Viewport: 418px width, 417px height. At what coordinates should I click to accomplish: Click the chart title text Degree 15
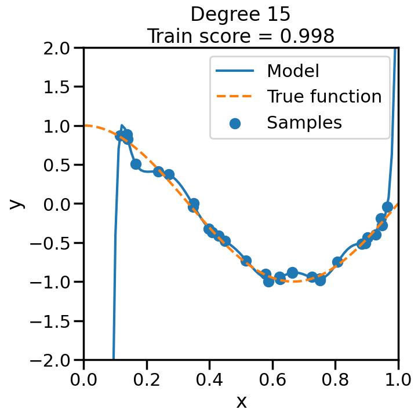(x=241, y=14)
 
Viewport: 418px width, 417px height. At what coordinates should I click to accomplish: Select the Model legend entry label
(x=293, y=71)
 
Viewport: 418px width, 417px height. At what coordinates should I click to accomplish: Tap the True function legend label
(x=324, y=97)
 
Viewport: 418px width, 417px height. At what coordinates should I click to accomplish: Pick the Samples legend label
(x=304, y=122)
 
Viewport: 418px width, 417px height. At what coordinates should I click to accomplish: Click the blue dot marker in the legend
(x=235, y=123)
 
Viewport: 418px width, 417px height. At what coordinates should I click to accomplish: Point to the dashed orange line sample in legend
(x=235, y=97)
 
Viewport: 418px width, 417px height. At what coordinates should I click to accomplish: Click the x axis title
(x=241, y=401)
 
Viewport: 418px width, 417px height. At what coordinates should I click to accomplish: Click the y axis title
(x=17, y=203)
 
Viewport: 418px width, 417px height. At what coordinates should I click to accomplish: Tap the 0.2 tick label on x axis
(x=147, y=380)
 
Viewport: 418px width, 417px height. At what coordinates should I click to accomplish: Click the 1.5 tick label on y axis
(x=61, y=87)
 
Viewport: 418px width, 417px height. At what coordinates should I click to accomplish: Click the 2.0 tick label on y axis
(x=61, y=47)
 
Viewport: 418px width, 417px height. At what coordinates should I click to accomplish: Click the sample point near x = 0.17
(x=136, y=164)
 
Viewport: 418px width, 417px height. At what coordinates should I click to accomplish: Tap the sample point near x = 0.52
(x=246, y=261)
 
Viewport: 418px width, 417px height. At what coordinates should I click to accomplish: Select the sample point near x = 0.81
(x=337, y=262)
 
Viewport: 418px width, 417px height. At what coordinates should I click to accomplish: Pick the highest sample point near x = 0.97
(x=388, y=207)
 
